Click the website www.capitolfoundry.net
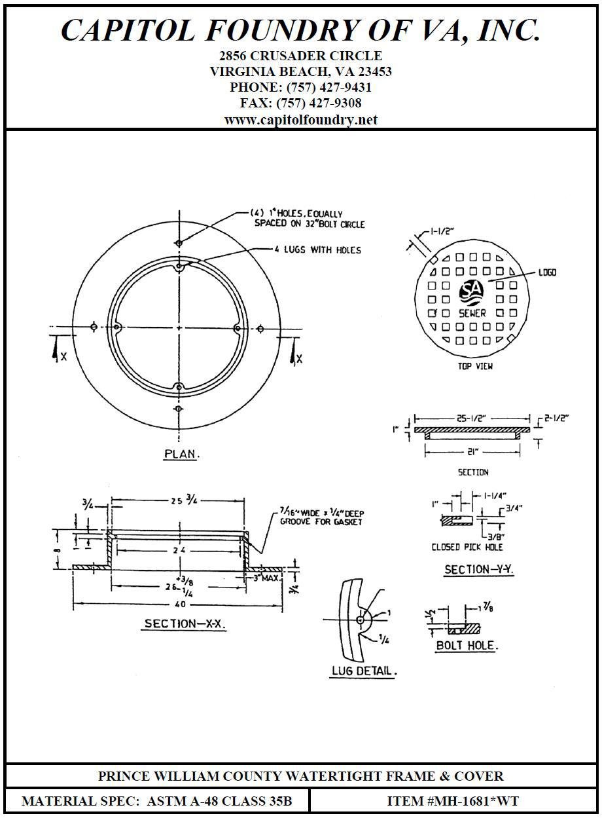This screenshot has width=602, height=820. (x=300, y=120)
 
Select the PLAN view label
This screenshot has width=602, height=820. (x=181, y=454)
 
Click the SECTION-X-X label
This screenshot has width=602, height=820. (x=185, y=624)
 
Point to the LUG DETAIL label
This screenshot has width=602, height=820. (x=364, y=671)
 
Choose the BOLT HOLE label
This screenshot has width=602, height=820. (x=467, y=645)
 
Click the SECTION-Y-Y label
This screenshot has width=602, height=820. (x=479, y=570)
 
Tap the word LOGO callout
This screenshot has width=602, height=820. (x=547, y=272)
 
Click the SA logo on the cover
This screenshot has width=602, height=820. (x=470, y=289)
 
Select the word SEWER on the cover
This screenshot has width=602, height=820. (x=472, y=313)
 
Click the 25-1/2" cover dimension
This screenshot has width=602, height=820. (x=472, y=417)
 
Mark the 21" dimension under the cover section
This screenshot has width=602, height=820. (x=472, y=450)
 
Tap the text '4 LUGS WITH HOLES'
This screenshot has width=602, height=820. (x=318, y=250)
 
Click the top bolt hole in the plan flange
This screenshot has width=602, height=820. (x=179, y=243)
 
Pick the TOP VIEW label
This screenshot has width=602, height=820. (x=475, y=366)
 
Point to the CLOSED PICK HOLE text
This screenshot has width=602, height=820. (x=467, y=547)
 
